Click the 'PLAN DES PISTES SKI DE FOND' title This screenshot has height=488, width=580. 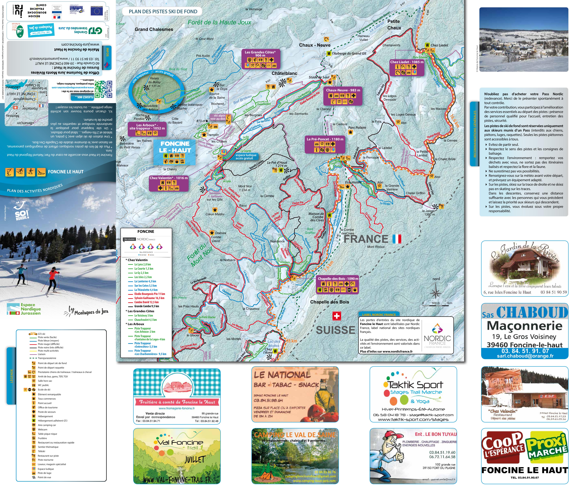163,12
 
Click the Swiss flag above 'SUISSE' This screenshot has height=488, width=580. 336,316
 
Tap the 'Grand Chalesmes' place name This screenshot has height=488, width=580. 154,29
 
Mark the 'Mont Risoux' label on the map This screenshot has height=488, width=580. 376,247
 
